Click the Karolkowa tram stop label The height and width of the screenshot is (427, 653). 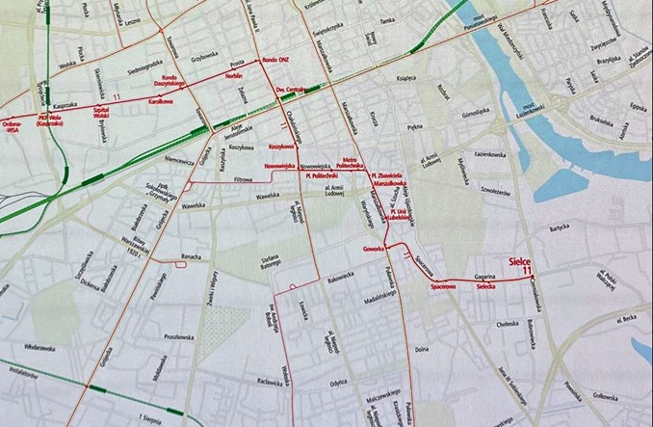159,99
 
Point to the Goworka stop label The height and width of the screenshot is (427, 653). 374,249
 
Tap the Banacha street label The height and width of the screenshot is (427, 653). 191,257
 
